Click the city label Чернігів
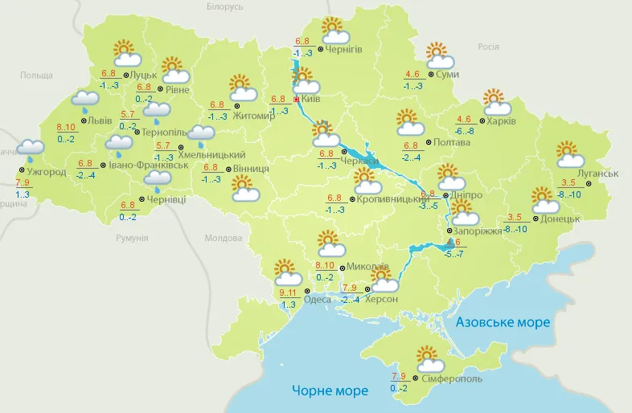pyautogui.click(x=344, y=49)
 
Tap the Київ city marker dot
pyautogui.click(x=297, y=100)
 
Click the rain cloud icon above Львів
pyautogui.click(x=84, y=100)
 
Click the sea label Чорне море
pyautogui.click(x=330, y=391)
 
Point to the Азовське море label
pyautogui.click(x=503, y=322)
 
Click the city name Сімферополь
pyautogui.click(x=451, y=378)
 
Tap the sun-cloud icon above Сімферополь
pyautogui.click(x=427, y=358)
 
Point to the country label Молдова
pyautogui.click(x=223, y=239)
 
